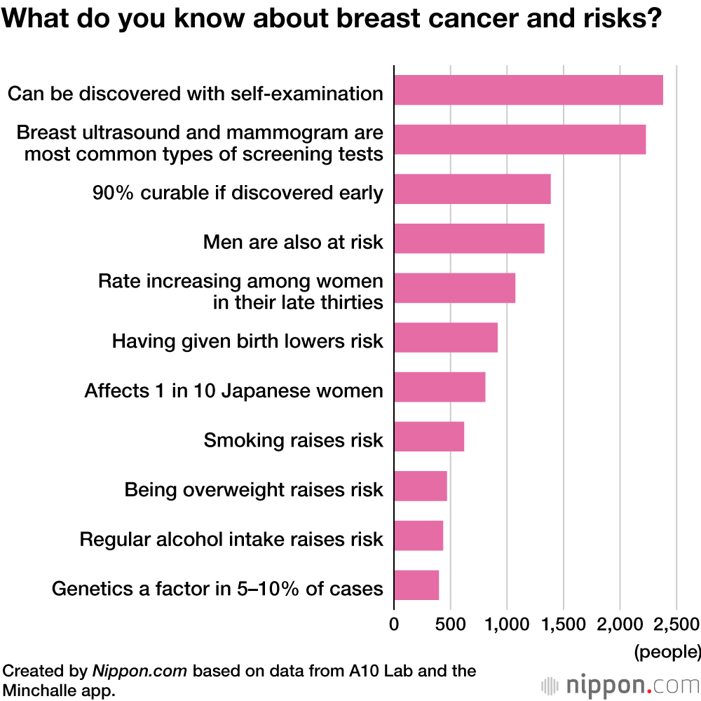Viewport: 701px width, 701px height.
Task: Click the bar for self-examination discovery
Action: (x=529, y=90)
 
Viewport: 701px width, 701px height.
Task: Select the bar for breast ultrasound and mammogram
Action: (x=519, y=139)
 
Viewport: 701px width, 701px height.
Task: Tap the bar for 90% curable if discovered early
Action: (x=472, y=189)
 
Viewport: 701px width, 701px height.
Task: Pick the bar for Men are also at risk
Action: (x=469, y=238)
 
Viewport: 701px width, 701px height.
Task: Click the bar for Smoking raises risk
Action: (x=429, y=437)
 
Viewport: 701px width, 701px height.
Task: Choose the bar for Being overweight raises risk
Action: (x=421, y=486)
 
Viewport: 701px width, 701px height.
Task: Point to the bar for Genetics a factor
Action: (x=416, y=585)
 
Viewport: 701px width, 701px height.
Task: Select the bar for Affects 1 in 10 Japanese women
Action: (x=440, y=387)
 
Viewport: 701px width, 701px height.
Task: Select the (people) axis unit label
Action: (x=667, y=652)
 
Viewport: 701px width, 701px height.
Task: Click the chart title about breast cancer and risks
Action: (x=332, y=20)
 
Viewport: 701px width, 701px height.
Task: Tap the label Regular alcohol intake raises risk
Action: (x=231, y=539)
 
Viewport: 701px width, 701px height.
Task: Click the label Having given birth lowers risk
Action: (x=247, y=341)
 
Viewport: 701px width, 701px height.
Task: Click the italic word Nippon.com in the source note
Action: (x=139, y=671)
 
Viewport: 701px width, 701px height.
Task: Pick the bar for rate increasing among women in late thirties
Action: (x=454, y=288)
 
